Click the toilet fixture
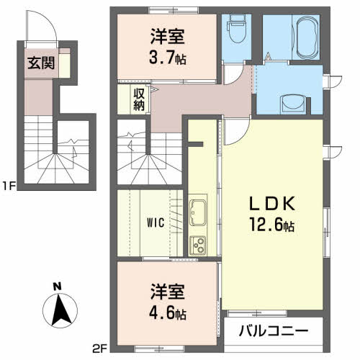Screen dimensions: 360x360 235,30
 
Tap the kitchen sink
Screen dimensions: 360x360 198,212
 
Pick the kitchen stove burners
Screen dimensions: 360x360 197,244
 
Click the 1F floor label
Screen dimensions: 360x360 9,186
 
